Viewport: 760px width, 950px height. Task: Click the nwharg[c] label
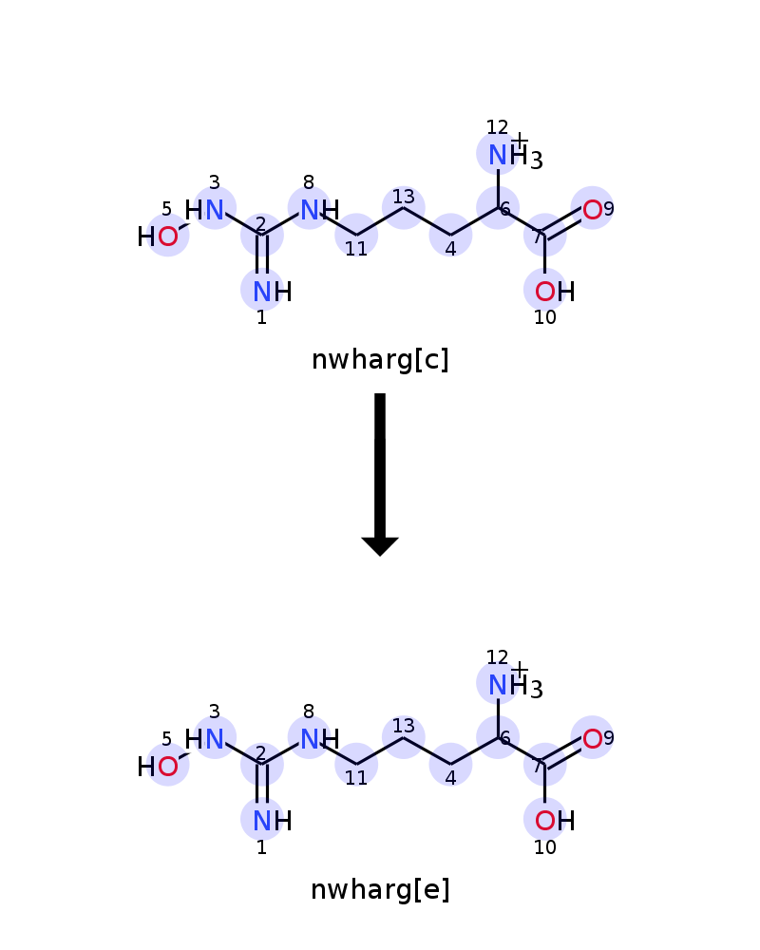[x=380, y=360]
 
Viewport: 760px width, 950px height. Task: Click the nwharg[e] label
[x=380, y=890]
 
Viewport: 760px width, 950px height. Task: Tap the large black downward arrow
[x=380, y=474]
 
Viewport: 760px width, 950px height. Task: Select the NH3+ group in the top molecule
[x=515, y=155]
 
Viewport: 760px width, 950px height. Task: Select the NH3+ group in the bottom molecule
[x=515, y=685]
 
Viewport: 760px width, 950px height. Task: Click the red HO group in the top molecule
[x=158, y=237]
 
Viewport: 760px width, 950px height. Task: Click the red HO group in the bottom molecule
[x=158, y=767]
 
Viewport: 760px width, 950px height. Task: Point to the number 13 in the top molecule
[x=403, y=197]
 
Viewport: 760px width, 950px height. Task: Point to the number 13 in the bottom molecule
[x=403, y=726]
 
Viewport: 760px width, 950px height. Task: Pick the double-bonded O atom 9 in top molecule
[x=592, y=210]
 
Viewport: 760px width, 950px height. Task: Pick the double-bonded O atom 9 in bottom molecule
[x=592, y=738]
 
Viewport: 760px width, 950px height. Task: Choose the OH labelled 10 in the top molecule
[x=555, y=292]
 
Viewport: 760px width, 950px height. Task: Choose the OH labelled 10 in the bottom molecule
[x=555, y=821]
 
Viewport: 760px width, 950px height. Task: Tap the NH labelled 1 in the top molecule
[x=272, y=292]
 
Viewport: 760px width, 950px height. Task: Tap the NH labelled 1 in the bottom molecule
[x=272, y=821]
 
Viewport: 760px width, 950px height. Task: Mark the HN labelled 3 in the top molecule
[x=204, y=210]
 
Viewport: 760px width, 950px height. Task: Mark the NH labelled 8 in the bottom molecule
[x=319, y=739]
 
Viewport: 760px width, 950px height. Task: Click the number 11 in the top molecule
[x=356, y=248]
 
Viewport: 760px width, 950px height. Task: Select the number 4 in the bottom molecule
[x=450, y=778]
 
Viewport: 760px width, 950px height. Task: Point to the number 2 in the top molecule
[x=260, y=224]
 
